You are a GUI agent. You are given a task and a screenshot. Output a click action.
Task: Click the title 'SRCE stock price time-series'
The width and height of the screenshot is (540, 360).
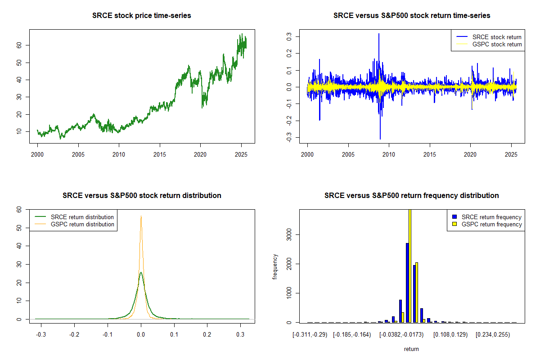[x=142, y=16]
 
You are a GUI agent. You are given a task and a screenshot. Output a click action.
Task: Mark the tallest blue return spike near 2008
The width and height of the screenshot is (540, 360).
[x=379, y=34]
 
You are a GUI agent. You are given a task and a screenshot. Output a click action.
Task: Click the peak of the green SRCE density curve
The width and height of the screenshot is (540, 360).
[x=141, y=273]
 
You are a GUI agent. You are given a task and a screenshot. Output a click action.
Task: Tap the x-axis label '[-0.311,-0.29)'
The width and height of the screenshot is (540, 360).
[x=311, y=335]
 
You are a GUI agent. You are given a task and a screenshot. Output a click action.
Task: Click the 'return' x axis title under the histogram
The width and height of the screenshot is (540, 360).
[x=411, y=349]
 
